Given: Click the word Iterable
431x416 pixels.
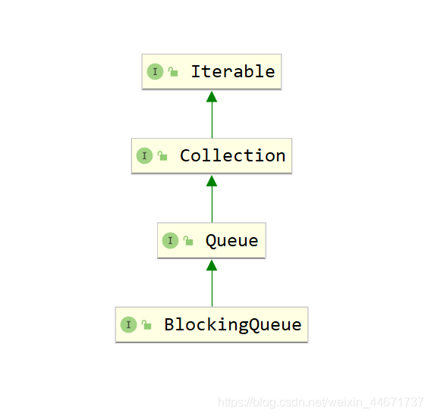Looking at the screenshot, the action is click(x=233, y=72).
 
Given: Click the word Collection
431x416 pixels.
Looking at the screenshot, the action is click(x=232, y=156).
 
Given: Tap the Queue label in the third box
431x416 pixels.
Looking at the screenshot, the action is click(x=231, y=241).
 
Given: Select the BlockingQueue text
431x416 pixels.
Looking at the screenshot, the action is click(x=232, y=325).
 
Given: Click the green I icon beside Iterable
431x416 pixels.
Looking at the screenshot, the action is click(x=156, y=72).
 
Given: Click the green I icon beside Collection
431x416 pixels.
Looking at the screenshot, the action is click(x=145, y=156).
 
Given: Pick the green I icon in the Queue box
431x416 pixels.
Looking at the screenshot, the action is click(x=171, y=241).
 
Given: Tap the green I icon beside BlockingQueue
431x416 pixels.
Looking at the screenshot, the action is click(x=129, y=325).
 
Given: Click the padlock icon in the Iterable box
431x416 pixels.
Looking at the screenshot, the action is click(x=173, y=72).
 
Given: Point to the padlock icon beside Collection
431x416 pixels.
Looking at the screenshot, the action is click(x=162, y=156).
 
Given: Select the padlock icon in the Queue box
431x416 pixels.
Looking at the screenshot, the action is click(x=188, y=241).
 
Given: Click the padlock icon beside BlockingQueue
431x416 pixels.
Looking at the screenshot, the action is click(x=146, y=325).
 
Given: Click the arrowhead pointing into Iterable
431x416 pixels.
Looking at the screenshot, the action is click(x=212, y=97).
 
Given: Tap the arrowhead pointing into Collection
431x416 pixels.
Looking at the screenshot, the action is click(x=212, y=181).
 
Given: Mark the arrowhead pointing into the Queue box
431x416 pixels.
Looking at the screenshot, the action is click(x=212, y=265).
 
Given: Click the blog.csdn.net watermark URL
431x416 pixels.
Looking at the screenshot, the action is click(x=321, y=402).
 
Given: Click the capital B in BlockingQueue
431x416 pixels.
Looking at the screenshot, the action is click(x=169, y=324).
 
